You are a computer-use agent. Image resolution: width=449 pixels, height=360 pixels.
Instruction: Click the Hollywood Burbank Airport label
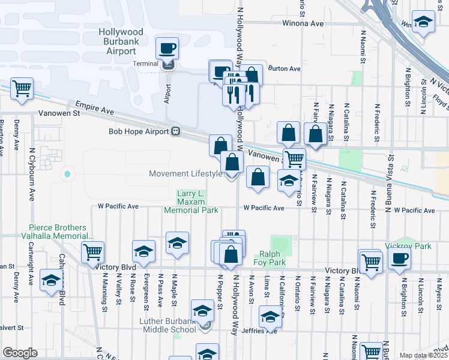(x=123, y=41)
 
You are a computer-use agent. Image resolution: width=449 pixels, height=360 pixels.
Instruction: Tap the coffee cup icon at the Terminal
(x=167, y=48)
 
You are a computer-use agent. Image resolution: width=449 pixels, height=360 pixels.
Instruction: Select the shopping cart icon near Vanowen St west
(x=22, y=89)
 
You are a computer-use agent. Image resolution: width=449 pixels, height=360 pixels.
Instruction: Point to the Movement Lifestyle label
(x=185, y=174)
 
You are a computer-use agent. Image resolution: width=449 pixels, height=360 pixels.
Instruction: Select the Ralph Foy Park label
(x=272, y=258)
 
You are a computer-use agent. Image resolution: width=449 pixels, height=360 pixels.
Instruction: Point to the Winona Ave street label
(x=303, y=24)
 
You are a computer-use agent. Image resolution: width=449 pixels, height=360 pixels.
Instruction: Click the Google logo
(x=20, y=353)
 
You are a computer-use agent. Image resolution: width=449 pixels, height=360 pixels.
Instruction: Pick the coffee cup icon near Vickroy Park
(x=399, y=259)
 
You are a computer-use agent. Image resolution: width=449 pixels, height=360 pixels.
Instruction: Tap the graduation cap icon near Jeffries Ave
(x=270, y=317)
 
